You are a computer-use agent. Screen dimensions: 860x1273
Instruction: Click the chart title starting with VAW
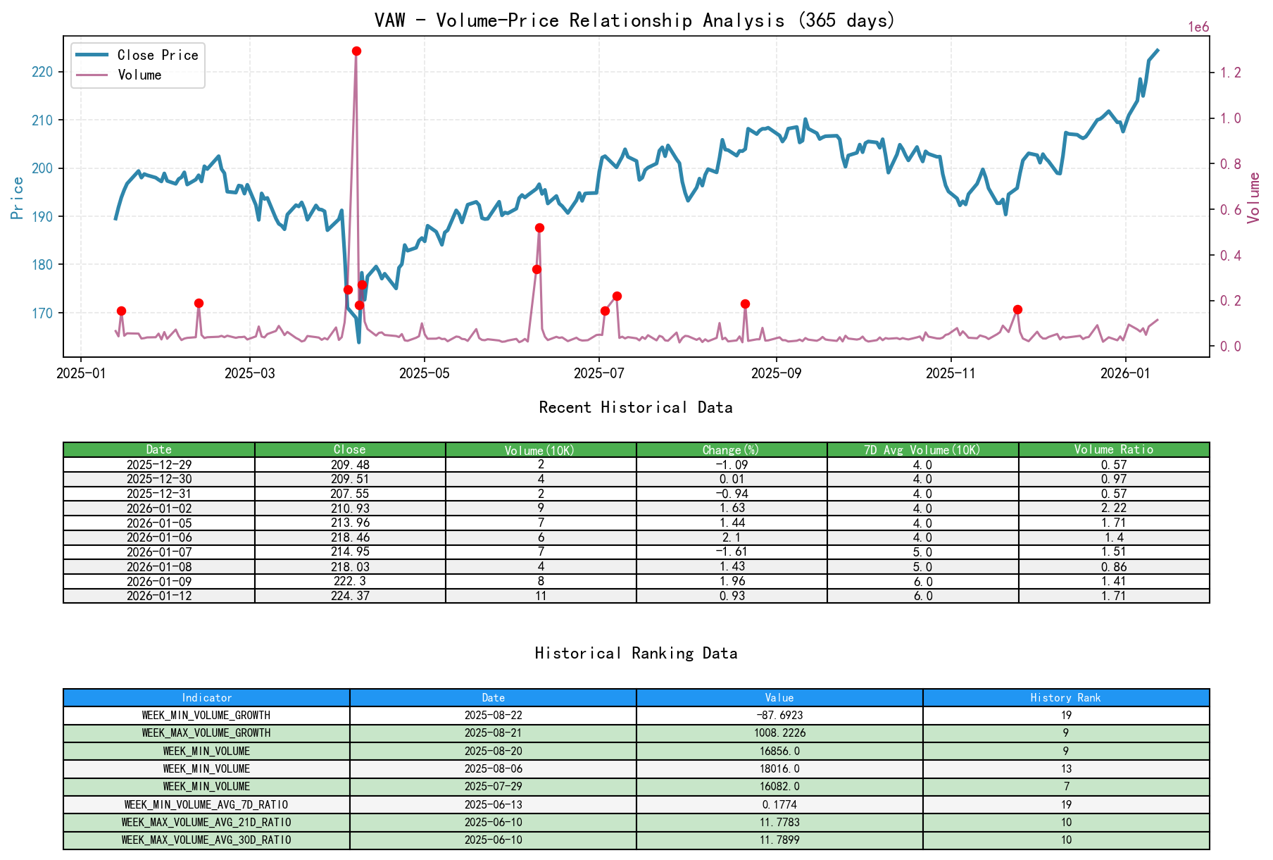634,20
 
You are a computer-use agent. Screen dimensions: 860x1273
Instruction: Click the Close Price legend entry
157,55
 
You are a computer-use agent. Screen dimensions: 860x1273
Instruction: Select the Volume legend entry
139,75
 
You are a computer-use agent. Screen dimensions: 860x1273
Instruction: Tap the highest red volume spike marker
356,51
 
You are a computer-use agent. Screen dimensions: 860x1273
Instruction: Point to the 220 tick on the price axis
43,72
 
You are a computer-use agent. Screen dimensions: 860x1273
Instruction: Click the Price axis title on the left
18,198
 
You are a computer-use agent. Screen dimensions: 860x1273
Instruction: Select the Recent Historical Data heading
635,408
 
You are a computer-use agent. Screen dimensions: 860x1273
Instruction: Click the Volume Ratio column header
1113,449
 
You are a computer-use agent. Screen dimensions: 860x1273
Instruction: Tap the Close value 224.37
350,596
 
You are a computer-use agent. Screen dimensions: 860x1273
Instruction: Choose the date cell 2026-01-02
159,509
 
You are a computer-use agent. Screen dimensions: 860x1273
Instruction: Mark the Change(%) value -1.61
732,551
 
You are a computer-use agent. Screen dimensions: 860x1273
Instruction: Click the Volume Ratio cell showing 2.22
1113,509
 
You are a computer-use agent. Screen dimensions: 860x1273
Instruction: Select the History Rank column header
1065,698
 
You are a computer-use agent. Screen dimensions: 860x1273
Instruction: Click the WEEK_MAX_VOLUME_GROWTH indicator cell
206,733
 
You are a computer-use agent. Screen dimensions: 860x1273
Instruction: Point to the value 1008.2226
779,733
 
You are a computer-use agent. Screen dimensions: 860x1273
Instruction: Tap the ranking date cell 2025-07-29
493,787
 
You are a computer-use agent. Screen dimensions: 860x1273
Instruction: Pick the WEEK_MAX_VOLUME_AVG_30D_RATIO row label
206,840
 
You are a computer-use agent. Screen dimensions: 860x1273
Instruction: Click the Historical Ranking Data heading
636,654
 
